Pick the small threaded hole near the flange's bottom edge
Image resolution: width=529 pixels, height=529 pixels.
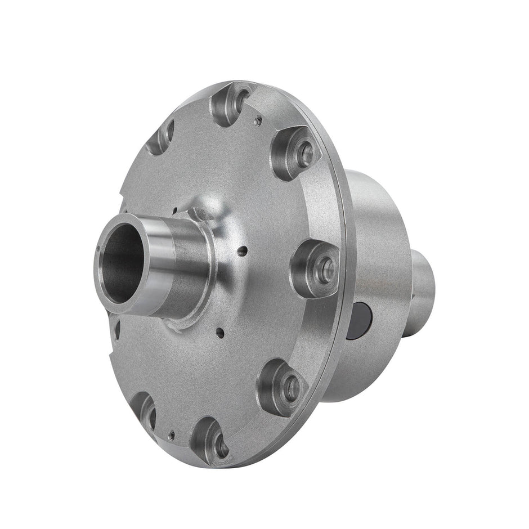172,434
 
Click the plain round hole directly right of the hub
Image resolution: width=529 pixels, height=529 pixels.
241,251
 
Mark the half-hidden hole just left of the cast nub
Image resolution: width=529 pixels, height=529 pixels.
175,212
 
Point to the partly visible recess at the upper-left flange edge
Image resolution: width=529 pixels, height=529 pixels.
162,136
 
